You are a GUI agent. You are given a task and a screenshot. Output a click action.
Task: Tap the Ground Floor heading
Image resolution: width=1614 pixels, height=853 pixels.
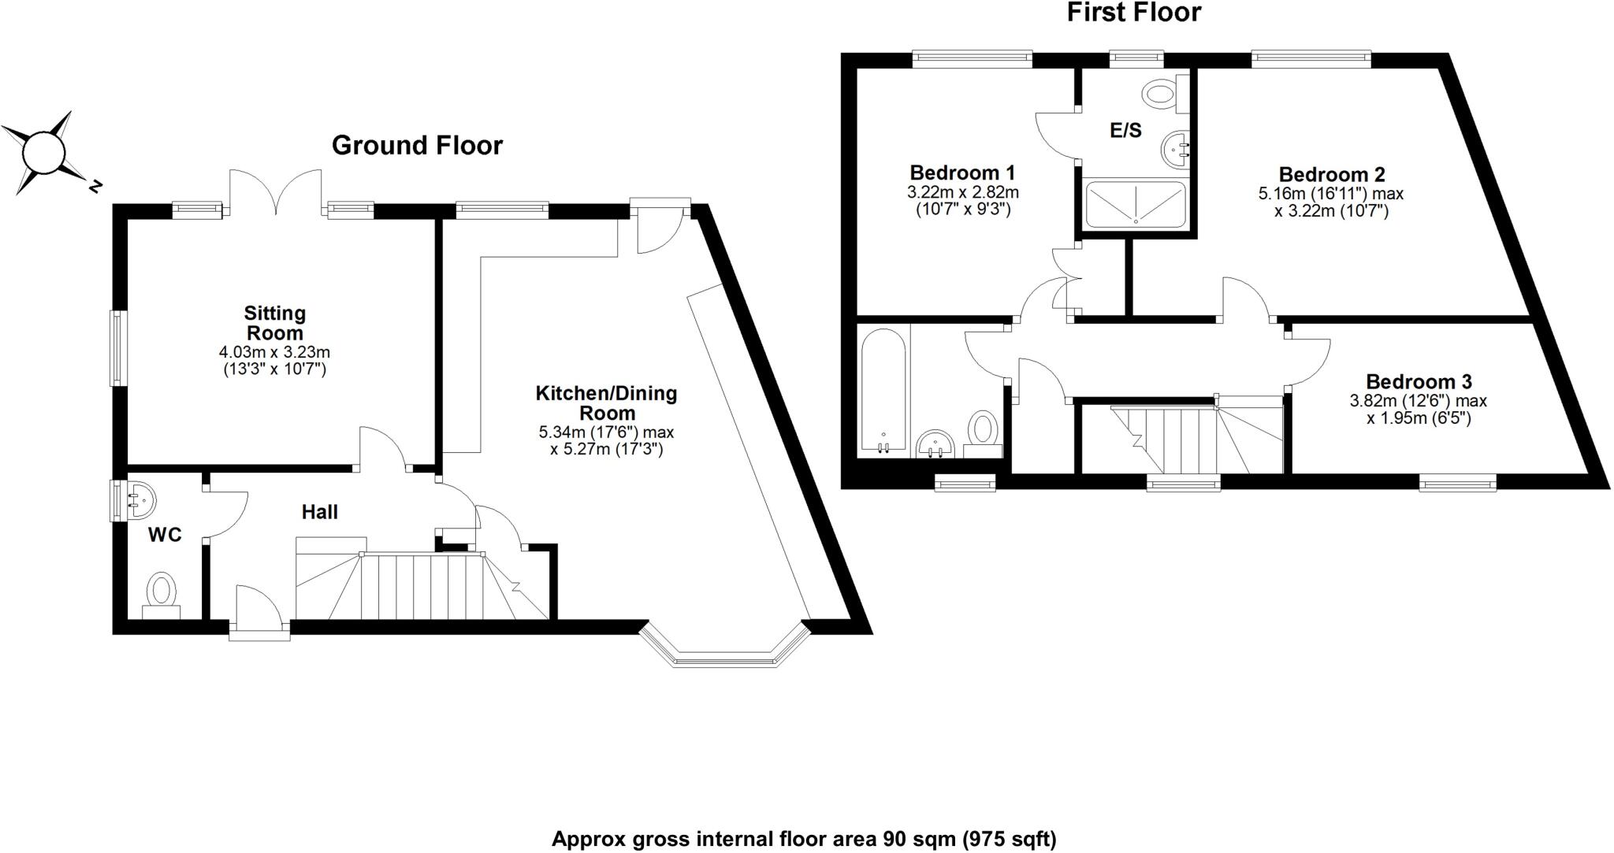pyautogui.click(x=417, y=146)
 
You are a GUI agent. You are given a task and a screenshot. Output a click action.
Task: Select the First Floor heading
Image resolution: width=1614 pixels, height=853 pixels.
pyautogui.click(x=1134, y=13)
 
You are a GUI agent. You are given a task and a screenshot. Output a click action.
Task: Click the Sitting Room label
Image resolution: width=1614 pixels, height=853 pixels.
pyautogui.click(x=274, y=323)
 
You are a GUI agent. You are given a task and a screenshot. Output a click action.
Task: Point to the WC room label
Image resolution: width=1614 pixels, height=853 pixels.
pyautogui.click(x=165, y=536)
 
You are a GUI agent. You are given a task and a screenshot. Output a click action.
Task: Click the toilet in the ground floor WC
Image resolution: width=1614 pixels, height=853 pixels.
pyautogui.click(x=162, y=595)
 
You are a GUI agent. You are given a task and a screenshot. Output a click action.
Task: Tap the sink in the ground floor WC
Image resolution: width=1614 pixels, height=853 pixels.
pyautogui.click(x=139, y=499)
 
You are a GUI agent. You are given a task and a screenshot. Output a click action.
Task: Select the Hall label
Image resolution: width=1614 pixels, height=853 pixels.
pyautogui.click(x=319, y=512)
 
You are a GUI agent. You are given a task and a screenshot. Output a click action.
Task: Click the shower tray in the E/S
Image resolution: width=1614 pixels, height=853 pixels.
pyautogui.click(x=1136, y=204)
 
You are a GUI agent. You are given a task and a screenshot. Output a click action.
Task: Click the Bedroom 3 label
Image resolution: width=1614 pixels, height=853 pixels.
pyautogui.click(x=1419, y=382)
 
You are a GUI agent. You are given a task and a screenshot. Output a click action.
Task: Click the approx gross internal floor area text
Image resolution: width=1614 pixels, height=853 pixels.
pyautogui.click(x=804, y=839)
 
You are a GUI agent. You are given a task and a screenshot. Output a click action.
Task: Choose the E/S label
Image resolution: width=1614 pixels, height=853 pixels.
pyautogui.click(x=1125, y=131)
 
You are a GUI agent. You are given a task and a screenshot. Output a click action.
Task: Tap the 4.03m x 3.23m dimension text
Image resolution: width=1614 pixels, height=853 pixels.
pyautogui.click(x=274, y=352)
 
